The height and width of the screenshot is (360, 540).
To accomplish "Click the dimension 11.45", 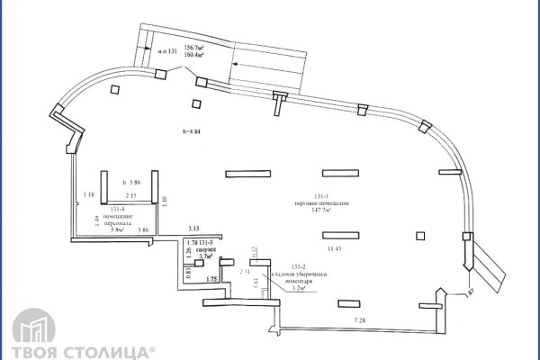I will point(335,247).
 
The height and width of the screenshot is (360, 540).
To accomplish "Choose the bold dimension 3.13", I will point(194,229).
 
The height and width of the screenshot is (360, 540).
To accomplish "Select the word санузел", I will point(209,250).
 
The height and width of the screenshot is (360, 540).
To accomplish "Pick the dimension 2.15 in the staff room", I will point(130,195).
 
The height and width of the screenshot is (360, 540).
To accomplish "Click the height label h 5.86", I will point(131,181).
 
